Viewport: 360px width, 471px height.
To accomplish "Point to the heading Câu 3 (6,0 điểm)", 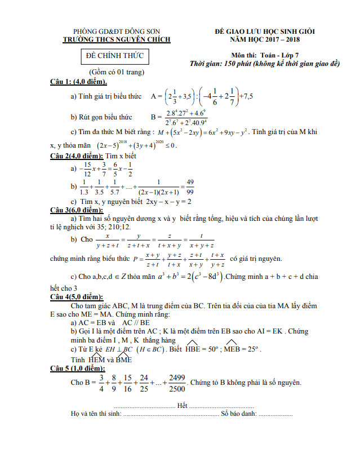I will (77, 210).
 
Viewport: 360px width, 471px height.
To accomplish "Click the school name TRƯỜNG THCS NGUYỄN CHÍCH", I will (117, 39).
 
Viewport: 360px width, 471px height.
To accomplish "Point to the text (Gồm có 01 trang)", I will (117, 72).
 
